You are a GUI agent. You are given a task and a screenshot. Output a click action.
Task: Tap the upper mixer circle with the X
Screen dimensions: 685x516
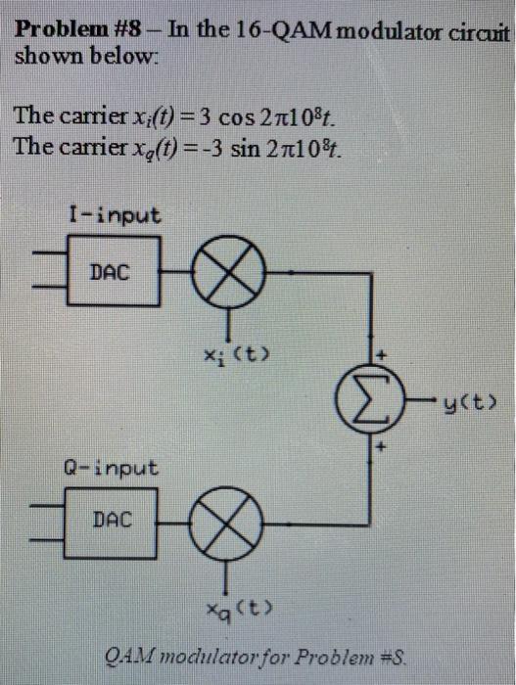(231, 273)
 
